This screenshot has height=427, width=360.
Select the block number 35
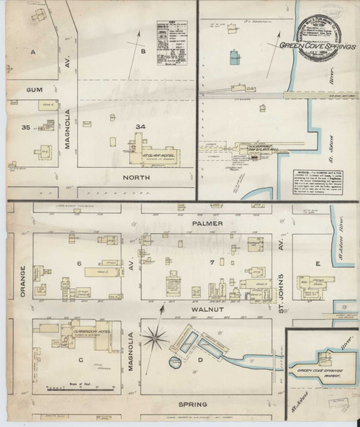click(26, 128)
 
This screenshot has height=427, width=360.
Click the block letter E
click(318, 264)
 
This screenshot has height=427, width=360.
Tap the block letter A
click(33, 53)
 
